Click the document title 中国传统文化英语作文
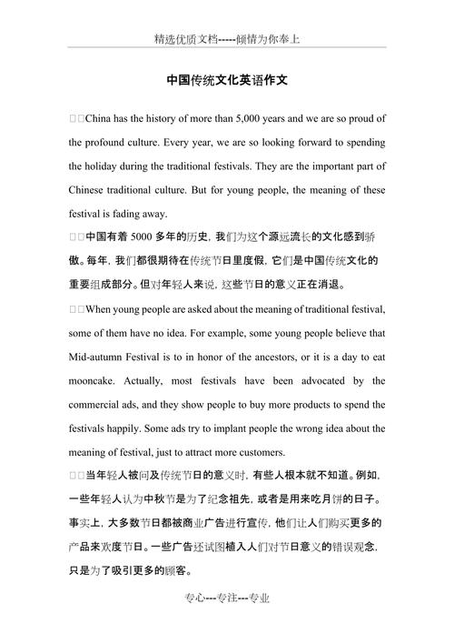pyautogui.click(x=227, y=80)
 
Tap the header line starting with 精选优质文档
pyautogui.click(x=227, y=40)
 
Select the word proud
pyautogui.click(x=362, y=119)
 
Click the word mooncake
pyautogui.click(x=95, y=380)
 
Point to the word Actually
pyautogui.click(x=165, y=380)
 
